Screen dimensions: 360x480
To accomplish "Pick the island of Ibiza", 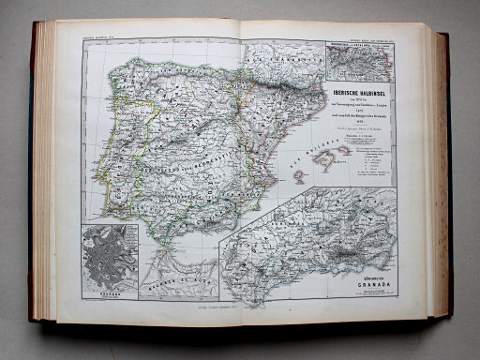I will (x=294, y=176).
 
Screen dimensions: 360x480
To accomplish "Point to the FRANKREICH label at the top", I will (x=281, y=56).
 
